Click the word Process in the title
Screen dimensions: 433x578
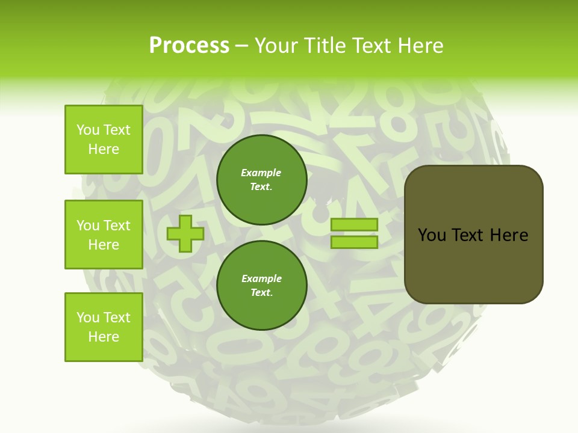(x=189, y=46)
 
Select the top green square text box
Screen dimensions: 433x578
(x=104, y=140)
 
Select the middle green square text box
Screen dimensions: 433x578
(x=104, y=235)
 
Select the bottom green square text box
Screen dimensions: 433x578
(x=104, y=327)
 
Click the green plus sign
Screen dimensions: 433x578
(x=185, y=234)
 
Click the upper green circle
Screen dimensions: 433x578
(x=261, y=180)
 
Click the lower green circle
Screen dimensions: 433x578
(x=261, y=286)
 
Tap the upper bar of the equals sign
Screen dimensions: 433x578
(x=354, y=225)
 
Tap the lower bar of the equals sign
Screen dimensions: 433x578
(x=354, y=242)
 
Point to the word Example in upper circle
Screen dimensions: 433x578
(x=261, y=173)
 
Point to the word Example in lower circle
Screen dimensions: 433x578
(x=261, y=279)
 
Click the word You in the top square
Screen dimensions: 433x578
(x=88, y=130)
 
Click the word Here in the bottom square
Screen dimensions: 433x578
(x=104, y=337)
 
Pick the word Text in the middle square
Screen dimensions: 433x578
(x=117, y=226)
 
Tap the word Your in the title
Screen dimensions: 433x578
(x=277, y=46)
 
